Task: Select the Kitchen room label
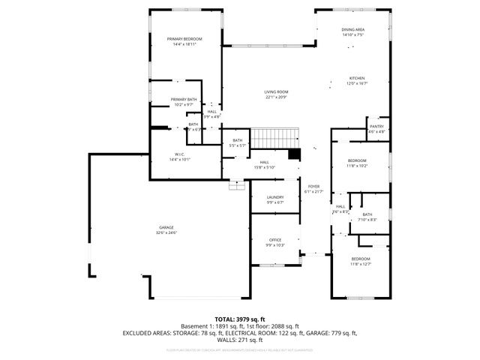[357, 79]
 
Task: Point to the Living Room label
[276, 91]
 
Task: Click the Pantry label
[376, 127]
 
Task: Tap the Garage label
[166, 227]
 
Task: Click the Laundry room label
[274, 197]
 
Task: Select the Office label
[275, 240]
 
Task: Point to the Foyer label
[313, 187]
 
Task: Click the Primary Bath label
[183, 99]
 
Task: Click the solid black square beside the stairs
[295, 154]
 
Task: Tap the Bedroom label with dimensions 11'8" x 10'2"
[357, 160]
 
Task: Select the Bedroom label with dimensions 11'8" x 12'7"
[360, 259]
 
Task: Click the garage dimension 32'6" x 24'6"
[166, 232]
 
